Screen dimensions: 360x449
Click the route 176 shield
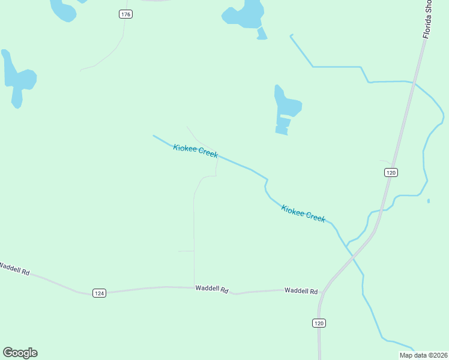point(125,14)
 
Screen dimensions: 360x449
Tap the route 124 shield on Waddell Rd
point(100,293)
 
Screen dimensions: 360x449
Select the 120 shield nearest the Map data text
point(319,323)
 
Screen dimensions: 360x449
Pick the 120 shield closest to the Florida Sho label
point(391,172)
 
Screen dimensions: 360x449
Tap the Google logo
point(20,353)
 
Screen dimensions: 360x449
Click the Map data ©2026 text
point(423,355)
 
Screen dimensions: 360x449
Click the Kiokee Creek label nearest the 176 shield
point(195,151)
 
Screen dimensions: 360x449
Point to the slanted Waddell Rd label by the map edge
point(14,269)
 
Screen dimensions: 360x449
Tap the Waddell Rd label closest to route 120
point(301,291)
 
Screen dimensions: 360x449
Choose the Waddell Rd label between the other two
point(212,289)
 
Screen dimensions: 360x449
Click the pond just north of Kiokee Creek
point(285,108)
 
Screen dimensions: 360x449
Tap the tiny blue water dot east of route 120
point(429,201)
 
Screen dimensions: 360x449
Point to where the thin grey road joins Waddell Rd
point(194,287)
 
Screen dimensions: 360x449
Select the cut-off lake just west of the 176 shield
point(62,9)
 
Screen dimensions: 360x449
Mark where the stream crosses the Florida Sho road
point(413,83)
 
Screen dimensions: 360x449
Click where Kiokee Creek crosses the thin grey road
point(216,157)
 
